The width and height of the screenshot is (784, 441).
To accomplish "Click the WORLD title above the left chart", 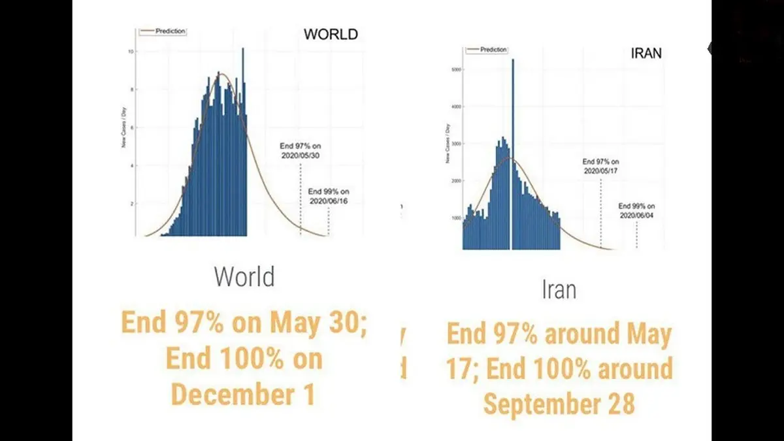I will pos(331,34).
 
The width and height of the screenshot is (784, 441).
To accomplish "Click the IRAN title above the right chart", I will pos(645,53).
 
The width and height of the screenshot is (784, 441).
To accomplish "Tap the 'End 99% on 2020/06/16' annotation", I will pos(329,196).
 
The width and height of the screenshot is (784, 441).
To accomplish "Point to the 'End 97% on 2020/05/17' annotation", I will pos(600,166).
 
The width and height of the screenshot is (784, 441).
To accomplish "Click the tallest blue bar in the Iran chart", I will pos(513,150).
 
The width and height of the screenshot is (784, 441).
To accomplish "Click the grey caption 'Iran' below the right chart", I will pos(559,289).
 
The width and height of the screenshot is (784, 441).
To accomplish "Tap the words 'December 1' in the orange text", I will pos(243,395).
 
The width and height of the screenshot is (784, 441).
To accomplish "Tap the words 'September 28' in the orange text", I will pos(559,404).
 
